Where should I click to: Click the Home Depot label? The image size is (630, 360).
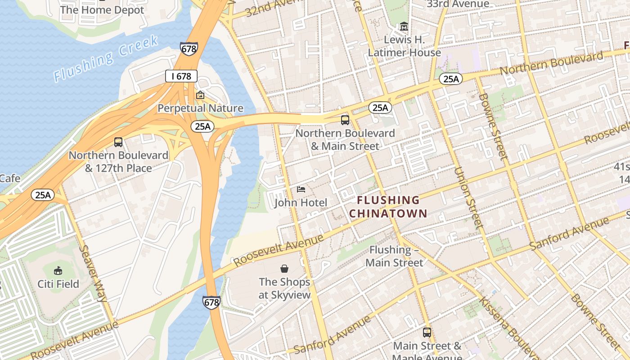coord(102,9)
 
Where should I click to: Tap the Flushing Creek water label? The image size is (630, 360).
coord(106,58)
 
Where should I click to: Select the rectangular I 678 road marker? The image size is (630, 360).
coord(181,76)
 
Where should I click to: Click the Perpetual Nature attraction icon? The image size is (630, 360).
coord(200,95)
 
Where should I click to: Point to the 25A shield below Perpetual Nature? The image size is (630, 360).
coord(202,126)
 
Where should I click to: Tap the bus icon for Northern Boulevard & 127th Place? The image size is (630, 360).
coord(118,142)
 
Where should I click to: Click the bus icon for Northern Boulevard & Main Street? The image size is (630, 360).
coord(345,120)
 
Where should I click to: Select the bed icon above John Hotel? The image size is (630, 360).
coord(301,189)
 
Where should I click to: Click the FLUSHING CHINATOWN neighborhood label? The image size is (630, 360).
coord(387,207)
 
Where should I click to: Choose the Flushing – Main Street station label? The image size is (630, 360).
coord(394,256)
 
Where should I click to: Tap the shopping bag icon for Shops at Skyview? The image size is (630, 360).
coord(284,269)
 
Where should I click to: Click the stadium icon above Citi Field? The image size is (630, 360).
coord(58,270)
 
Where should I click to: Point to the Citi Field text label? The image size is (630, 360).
coord(58,284)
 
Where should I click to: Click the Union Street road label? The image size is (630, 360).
coord(468,198)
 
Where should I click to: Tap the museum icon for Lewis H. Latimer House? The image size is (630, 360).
coord(404,27)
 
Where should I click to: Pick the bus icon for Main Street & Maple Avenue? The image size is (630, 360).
coord(427,333)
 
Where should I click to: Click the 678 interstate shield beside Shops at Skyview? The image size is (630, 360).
coord(211,302)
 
